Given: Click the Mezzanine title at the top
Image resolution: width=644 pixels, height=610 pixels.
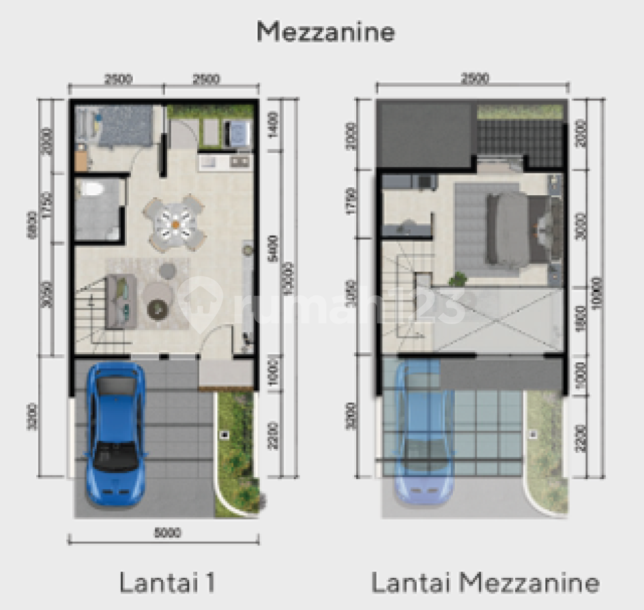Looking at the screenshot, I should tap(325, 31).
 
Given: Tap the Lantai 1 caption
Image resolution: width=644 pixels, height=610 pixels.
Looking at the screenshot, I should tap(168, 582).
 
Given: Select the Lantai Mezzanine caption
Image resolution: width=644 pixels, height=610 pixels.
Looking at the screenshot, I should tap(485, 582).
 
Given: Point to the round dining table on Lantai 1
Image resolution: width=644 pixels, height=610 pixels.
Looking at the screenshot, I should tap(175, 223).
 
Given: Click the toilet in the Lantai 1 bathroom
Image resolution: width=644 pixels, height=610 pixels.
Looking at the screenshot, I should tap(91, 191).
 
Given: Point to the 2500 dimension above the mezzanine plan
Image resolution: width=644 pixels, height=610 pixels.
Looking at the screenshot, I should tap(474, 79).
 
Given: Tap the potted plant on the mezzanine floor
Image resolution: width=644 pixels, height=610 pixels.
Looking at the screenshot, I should tap(457, 279).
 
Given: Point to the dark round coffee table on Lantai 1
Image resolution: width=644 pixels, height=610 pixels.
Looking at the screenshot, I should tap(158, 308).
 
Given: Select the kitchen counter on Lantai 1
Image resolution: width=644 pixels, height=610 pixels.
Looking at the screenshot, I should tap(224, 162).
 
